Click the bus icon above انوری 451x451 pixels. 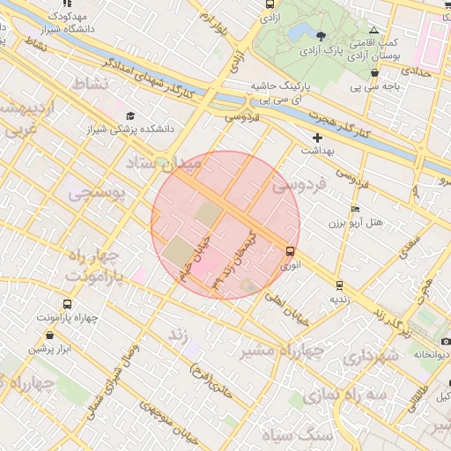pos(291,251)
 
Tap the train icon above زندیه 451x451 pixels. pos(339,285)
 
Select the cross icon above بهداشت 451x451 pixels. pos(318,137)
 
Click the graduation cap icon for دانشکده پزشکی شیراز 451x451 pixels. pos(130,115)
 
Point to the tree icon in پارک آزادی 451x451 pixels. pos(321,36)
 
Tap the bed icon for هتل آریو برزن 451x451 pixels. pos(355,209)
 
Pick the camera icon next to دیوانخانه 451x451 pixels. pos(445,341)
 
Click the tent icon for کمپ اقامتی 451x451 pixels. pos(373,29)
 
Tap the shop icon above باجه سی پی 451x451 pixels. pos(374,73)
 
